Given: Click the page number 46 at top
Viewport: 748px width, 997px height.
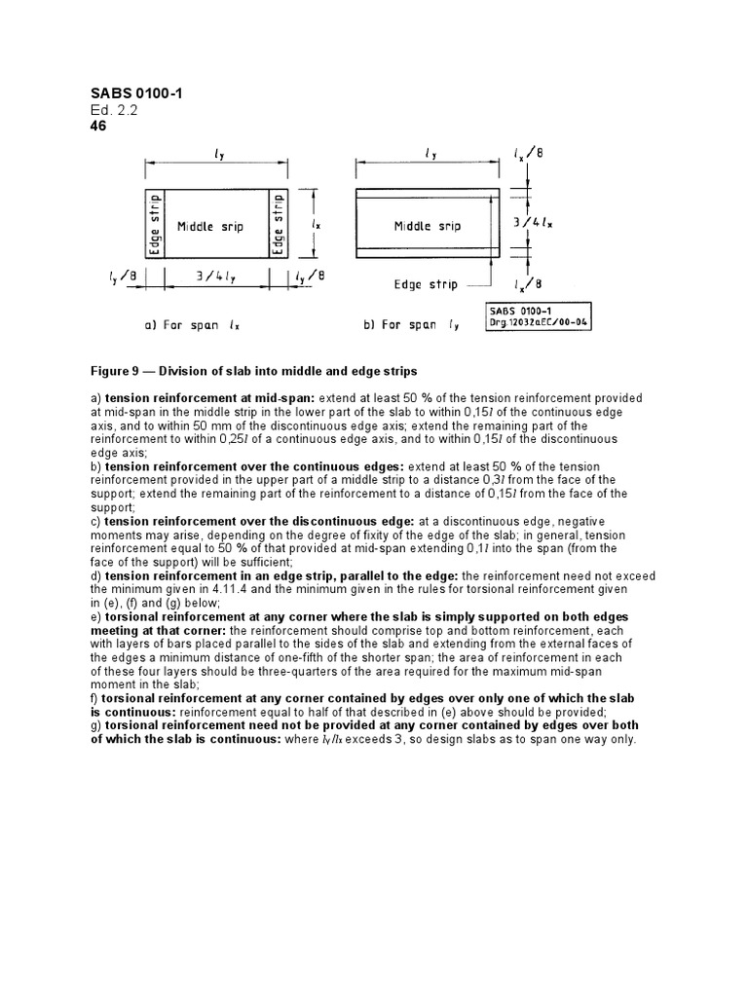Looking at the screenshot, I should click(98, 126).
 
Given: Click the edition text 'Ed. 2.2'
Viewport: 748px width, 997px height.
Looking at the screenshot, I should click(113, 110).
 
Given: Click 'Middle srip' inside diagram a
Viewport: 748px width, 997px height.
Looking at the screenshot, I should click(209, 227).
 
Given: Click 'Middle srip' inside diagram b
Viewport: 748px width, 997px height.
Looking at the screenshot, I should click(427, 226).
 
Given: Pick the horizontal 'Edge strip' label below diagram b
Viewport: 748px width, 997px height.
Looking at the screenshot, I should click(421, 285).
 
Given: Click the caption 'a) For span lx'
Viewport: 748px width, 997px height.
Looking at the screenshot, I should click(189, 326).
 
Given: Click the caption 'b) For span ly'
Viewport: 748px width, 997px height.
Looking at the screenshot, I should click(412, 326).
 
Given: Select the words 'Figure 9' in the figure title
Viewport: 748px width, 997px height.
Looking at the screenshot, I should click(116, 372).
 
